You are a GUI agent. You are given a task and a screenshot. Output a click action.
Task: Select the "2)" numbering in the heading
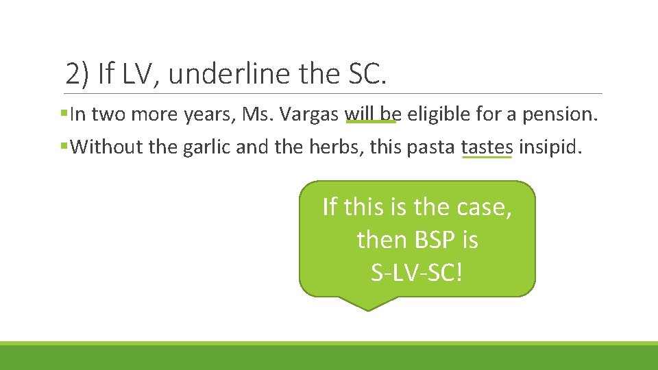[77, 73]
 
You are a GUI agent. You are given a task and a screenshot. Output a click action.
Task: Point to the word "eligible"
[436, 114]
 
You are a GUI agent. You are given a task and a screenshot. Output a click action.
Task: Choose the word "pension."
[560, 114]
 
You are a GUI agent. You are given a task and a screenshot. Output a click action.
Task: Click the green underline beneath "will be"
[371, 123]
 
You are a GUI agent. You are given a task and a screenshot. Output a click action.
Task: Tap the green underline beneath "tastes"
[487, 157]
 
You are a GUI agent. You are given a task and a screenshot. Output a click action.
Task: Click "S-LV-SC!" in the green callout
[417, 272]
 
